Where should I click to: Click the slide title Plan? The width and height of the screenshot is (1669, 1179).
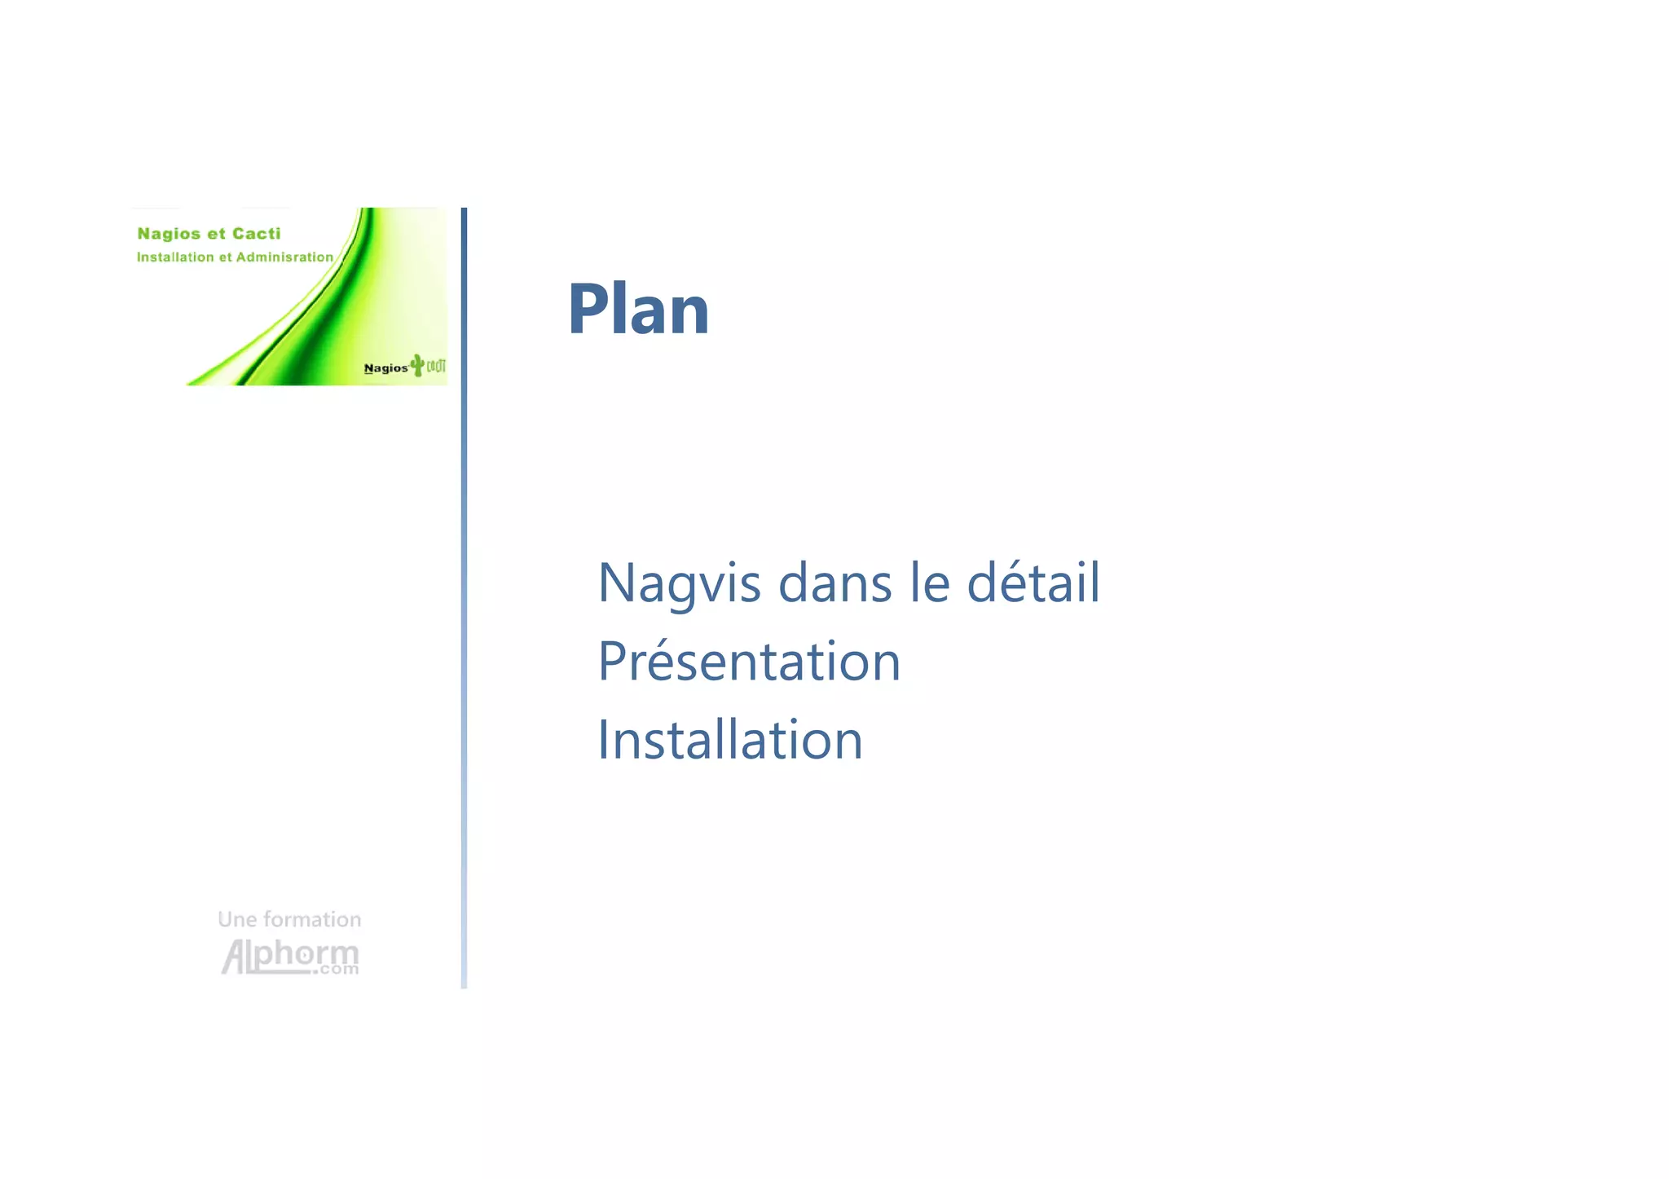click(638, 309)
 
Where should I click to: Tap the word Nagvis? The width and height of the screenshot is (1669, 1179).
click(679, 583)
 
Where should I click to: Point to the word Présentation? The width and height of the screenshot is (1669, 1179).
click(749, 661)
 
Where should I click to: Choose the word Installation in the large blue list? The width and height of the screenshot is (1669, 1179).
click(729, 740)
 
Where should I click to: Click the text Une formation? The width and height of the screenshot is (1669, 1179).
click(289, 919)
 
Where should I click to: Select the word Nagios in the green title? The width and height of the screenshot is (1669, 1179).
click(169, 234)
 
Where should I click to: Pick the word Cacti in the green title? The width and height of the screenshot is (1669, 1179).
click(256, 234)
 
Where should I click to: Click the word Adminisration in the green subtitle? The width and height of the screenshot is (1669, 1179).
click(284, 257)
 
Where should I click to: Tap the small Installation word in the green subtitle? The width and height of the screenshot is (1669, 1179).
click(174, 257)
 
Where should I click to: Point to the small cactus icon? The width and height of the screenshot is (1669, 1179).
click(417, 364)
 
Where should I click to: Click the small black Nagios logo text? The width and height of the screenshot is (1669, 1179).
click(385, 368)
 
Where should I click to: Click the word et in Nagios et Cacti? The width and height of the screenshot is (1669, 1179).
click(216, 234)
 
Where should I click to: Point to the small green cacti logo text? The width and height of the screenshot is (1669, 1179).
click(436, 366)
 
